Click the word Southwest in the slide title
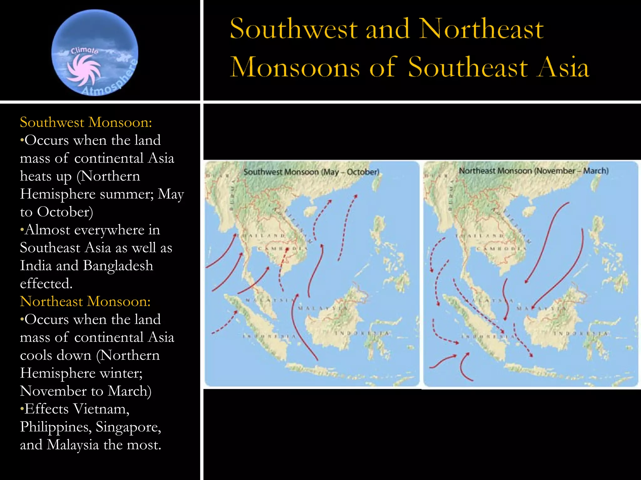[x=293, y=29]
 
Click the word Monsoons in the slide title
[x=295, y=67]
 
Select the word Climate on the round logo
[x=85, y=51]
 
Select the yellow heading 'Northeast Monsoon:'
[x=85, y=302]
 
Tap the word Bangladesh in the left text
[x=118, y=266]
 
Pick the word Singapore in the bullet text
[x=128, y=427]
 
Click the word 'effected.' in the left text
[x=46, y=283]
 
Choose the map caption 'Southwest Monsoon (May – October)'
[x=311, y=172]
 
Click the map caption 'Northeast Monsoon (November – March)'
[x=534, y=171]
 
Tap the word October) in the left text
[x=65, y=212]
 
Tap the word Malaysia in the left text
[x=73, y=445]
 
